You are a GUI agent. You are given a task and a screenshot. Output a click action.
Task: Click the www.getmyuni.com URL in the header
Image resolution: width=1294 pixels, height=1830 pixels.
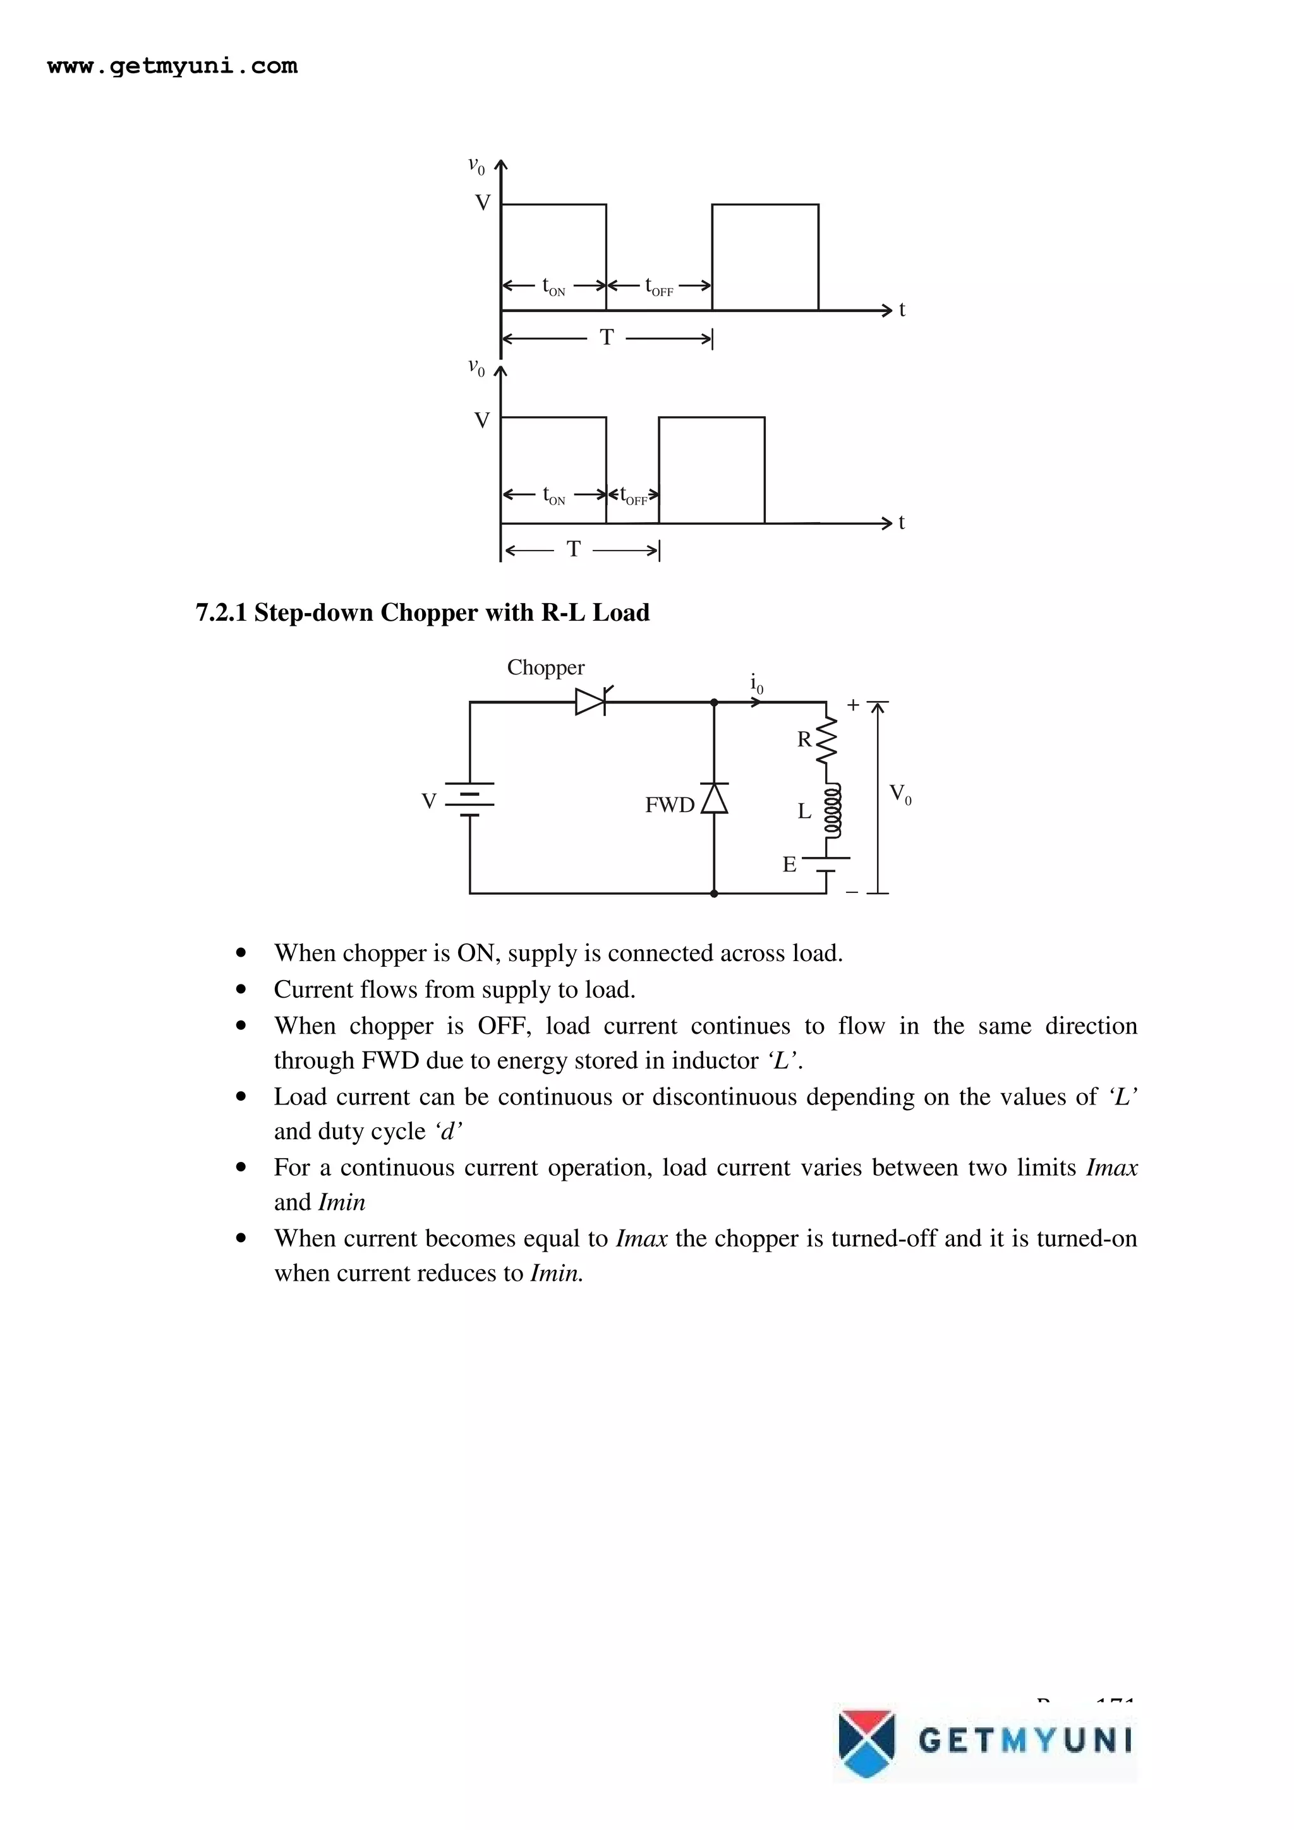tap(172, 66)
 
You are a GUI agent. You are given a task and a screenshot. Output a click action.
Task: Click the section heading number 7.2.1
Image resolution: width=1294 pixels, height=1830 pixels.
tap(221, 613)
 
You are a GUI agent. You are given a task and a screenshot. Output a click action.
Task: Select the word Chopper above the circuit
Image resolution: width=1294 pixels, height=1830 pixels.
tap(545, 668)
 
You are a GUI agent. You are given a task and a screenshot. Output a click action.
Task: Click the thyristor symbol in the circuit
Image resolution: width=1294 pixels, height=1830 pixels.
tap(591, 702)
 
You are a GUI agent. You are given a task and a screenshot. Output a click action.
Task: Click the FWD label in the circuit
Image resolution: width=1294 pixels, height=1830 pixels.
tap(670, 806)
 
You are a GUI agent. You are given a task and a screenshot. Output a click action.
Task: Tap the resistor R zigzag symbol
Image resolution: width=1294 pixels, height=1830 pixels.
tap(828, 739)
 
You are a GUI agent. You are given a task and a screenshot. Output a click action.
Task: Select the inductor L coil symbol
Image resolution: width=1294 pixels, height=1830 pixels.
tap(831, 811)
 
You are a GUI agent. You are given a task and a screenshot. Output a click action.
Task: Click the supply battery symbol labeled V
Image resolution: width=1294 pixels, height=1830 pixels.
tap(469, 799)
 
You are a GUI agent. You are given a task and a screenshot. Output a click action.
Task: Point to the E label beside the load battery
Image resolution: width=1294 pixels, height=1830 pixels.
tap(789, 864)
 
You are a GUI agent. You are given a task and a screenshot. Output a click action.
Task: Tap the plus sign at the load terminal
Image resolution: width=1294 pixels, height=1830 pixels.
tap(853, 705)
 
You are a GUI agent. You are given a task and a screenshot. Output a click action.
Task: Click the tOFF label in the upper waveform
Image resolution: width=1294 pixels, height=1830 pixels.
tap(658, 287)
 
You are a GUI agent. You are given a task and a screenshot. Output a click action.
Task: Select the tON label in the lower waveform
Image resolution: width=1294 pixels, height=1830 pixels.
tap(553, 496)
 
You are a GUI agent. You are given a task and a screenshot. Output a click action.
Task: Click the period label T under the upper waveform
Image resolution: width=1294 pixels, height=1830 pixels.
tap(607, 338)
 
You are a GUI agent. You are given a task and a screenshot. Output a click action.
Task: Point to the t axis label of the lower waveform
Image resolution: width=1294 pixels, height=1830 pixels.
tap(902, 523)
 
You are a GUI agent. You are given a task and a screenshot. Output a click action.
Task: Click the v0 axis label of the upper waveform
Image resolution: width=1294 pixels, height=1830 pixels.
tap(476, 166)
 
